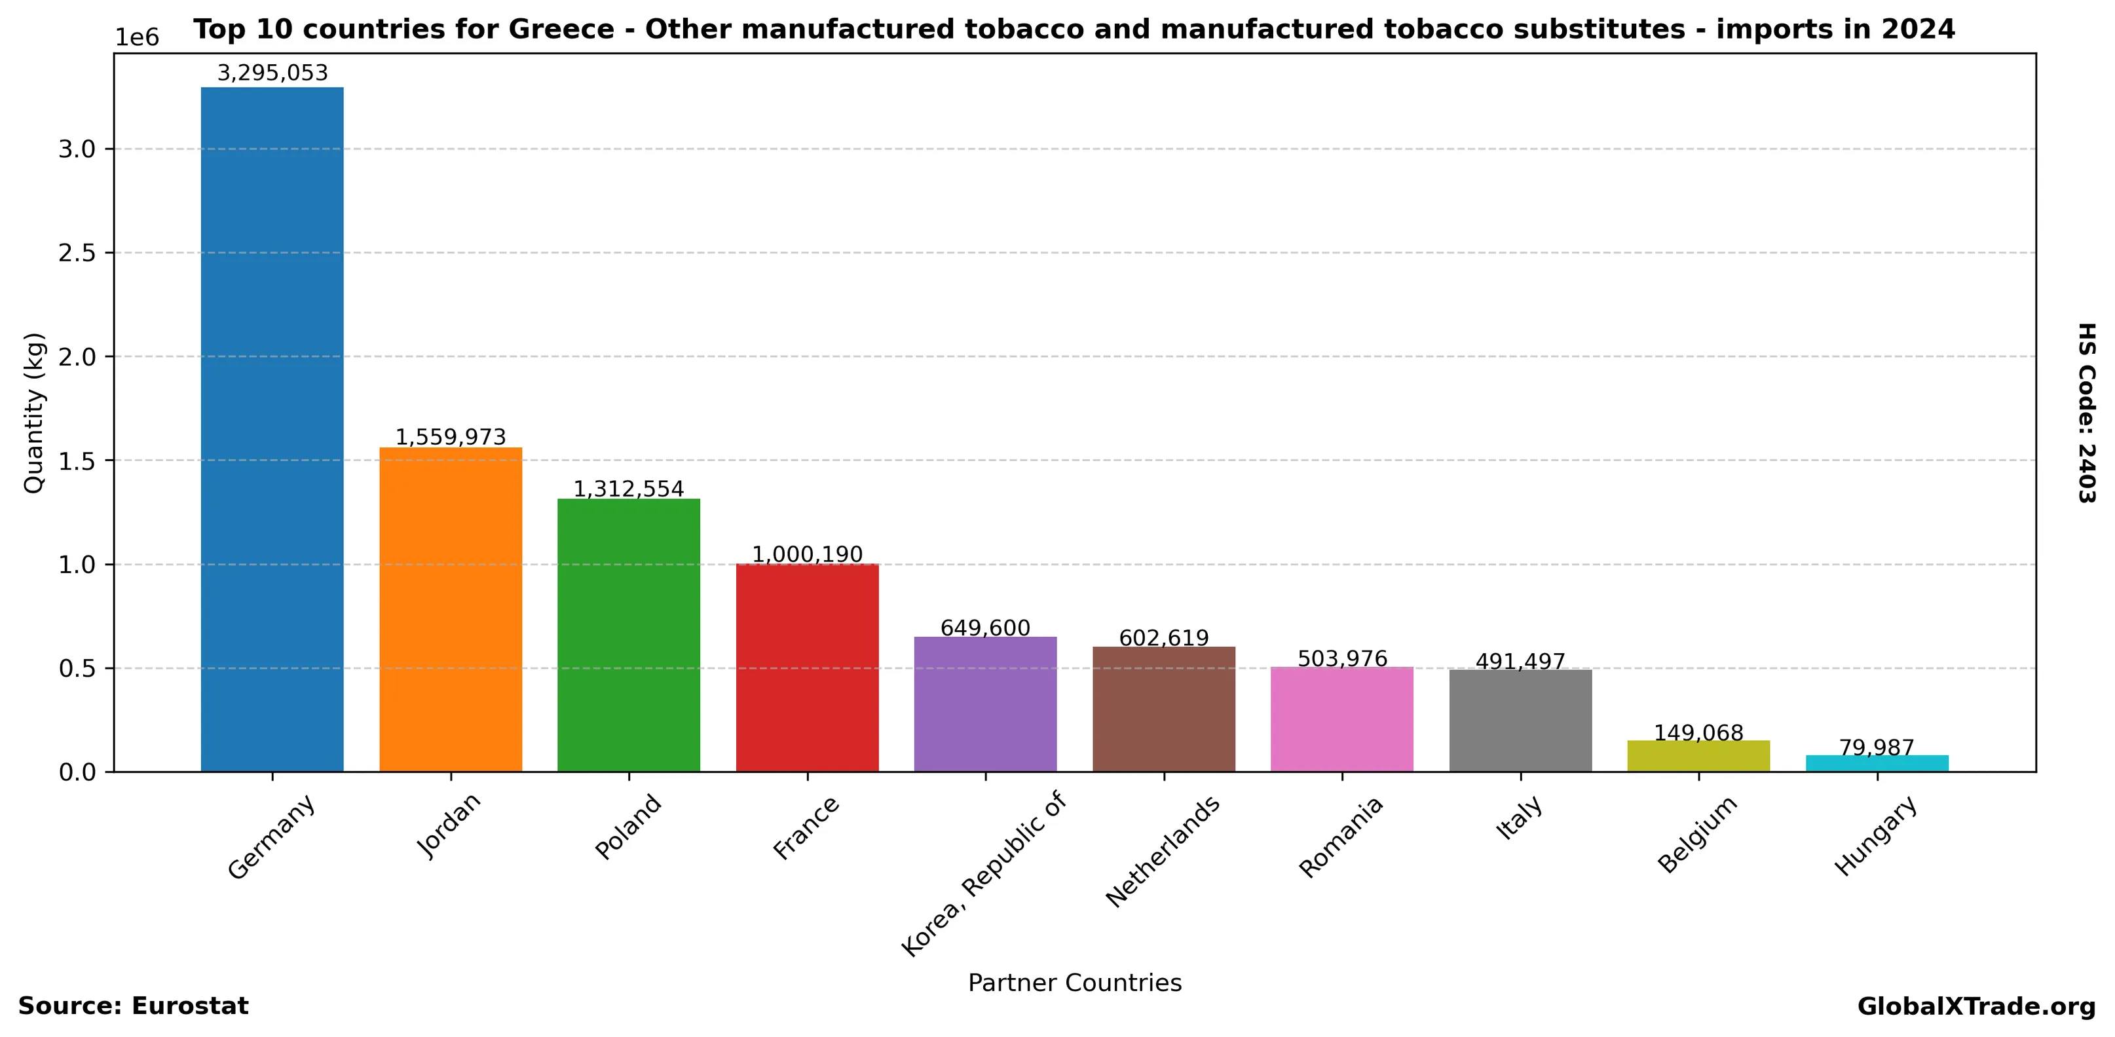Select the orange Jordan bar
coord(450,609)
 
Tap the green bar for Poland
coord(628,635)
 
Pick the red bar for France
coord(807,668)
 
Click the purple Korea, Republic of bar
coord(985,704)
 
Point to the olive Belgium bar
coord(1698,756)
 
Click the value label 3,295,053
coord(272,73)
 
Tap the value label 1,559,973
coord(450,437)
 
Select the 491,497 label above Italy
coord(1520,661)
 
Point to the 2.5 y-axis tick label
coord(77,253)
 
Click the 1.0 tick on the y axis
coord(77,565)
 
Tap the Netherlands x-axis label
coord(1163,852)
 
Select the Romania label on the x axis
coord(1341,837)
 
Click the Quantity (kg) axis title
coord(33,412)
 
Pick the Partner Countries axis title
coord(1075,983)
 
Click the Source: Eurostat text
coord(133,1007)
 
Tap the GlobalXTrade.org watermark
coord(1976,1007)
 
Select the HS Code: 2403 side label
coord(2086,412)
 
